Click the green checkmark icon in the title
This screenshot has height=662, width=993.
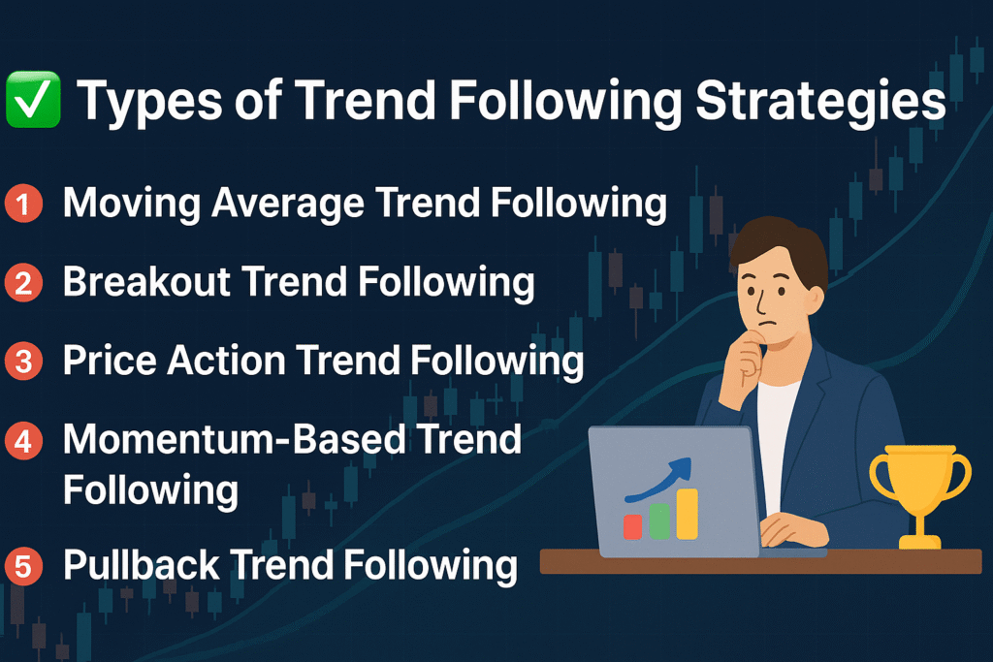pos(33,100)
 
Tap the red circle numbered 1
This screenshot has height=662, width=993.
pos(23,204)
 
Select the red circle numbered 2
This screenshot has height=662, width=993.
pos(23,282)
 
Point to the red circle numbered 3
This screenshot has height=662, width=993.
pos(23,361)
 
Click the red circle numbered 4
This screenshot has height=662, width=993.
pos(23,440)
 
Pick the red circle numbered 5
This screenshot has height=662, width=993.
pos(23,566)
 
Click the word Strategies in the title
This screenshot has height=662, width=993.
pos(820,101)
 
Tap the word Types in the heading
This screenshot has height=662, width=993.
pos(149,101)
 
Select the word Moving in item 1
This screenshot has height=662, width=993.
pos(132,204)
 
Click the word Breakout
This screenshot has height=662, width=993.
pos(146,282)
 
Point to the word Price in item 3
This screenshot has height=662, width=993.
pos(110,361)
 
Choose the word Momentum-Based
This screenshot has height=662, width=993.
pos(235,439)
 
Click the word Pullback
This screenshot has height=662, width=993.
pos(142,564)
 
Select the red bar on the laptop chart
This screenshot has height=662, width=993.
pos(632,526)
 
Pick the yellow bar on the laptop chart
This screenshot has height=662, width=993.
pos(688,514)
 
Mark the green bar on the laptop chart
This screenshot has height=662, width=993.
pos(659,521)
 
